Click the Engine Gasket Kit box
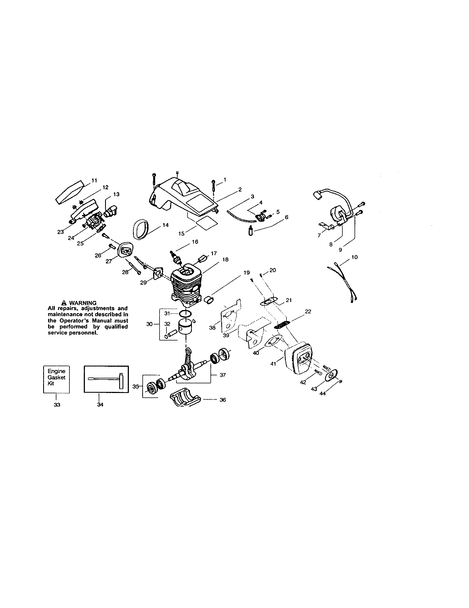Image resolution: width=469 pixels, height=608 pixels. tap(56, 379)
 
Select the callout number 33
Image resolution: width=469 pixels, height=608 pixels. tap(57, 405)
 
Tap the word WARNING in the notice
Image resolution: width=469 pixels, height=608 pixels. tap(82, 303)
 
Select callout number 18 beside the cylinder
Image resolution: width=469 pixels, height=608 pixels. tap(225, 260)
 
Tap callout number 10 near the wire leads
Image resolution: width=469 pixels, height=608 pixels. tap(354, 257)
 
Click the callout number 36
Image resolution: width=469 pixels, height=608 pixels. tap(223, 400)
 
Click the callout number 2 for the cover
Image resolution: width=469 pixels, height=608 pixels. tap(240, 190)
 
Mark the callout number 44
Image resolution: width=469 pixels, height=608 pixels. tap(323, 394)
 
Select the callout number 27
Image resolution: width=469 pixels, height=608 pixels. tap(109, 261)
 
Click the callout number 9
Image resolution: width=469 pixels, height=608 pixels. tap(340, 250)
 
